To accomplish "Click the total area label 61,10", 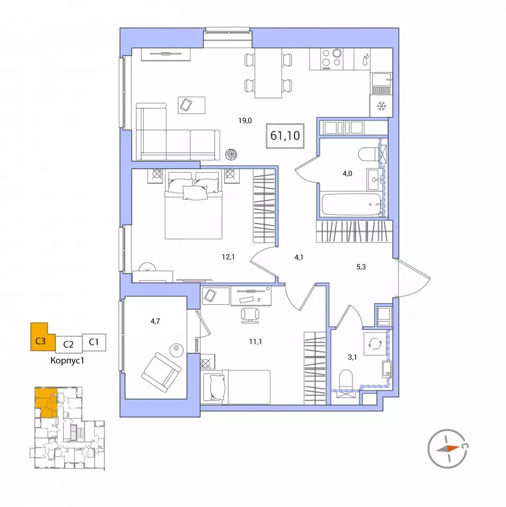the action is [285, 136].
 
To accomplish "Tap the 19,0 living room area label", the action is [245, 121].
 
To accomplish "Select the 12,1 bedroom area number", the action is [228, 257].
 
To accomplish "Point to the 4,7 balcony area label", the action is [155, 321].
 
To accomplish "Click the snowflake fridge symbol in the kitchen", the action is [381, 106].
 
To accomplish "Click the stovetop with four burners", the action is [332, 59].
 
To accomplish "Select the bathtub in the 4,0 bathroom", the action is [351, 204].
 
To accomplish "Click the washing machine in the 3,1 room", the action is [375, 344].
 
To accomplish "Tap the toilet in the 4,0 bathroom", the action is [369, 154].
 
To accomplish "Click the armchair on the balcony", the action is [161, 372].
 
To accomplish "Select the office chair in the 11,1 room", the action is [250, 315].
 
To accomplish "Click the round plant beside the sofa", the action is [232, 154].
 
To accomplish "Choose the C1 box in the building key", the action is [94, 342].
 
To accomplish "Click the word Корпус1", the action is [67, 361].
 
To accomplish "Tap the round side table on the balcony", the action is [176, 349].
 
